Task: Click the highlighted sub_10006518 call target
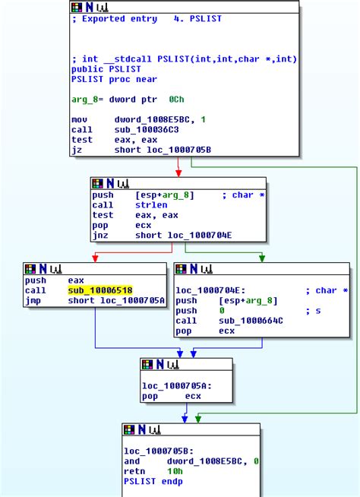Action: click(x=100, y=290)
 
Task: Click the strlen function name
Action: click(x=151, y=205)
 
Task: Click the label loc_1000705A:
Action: click(x=176, y=386)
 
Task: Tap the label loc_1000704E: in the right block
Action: click(x=210, y=290)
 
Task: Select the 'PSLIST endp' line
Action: click(x=154, y=481)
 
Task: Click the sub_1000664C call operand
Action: click(x=251, y=321)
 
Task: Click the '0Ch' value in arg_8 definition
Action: click(x=175, y=100)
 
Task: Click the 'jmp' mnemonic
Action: click(x=33, y=300)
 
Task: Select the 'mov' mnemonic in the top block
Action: click(x=79, y=120)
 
